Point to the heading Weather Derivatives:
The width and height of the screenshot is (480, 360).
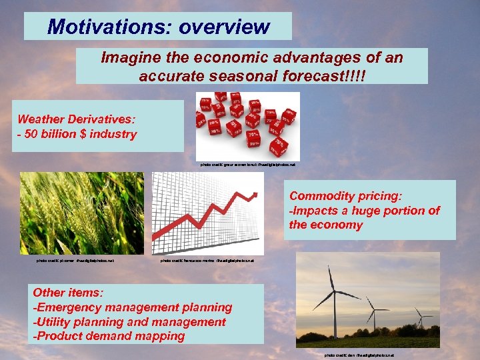pos(76,119)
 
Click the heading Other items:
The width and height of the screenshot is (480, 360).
pos(68,293)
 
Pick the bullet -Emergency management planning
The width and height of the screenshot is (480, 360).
pos(133,307)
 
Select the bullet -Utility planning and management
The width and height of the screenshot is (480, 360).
pos(129,322)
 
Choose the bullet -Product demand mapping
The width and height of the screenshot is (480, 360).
pos(109,336)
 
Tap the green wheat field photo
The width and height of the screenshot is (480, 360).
pos(81,213)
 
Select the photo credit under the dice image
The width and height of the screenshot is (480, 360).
pos(247,165)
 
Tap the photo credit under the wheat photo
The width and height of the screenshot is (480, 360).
pos(75,261)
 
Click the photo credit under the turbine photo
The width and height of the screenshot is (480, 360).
pos(359,355)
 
